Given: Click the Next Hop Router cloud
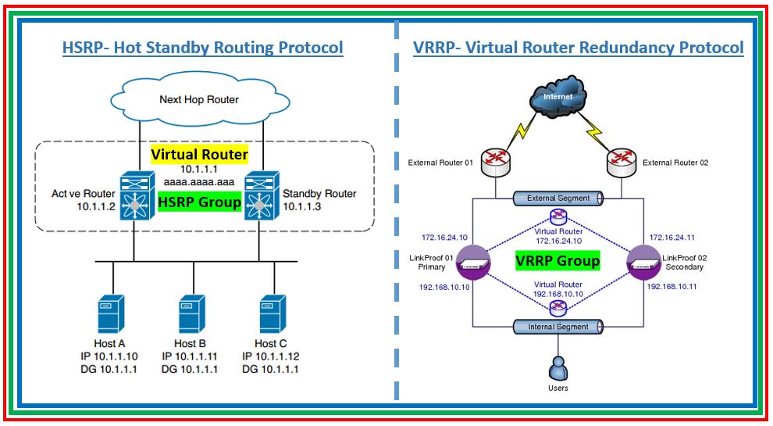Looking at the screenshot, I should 198,99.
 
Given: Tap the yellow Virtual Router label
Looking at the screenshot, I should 199,154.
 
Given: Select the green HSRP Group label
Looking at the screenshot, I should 199,202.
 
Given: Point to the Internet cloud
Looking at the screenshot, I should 557,98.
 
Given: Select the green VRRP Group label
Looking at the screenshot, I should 557,260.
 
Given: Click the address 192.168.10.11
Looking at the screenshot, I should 671,287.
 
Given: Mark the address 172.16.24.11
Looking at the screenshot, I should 671,237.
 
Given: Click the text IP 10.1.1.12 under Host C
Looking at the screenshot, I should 270,356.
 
